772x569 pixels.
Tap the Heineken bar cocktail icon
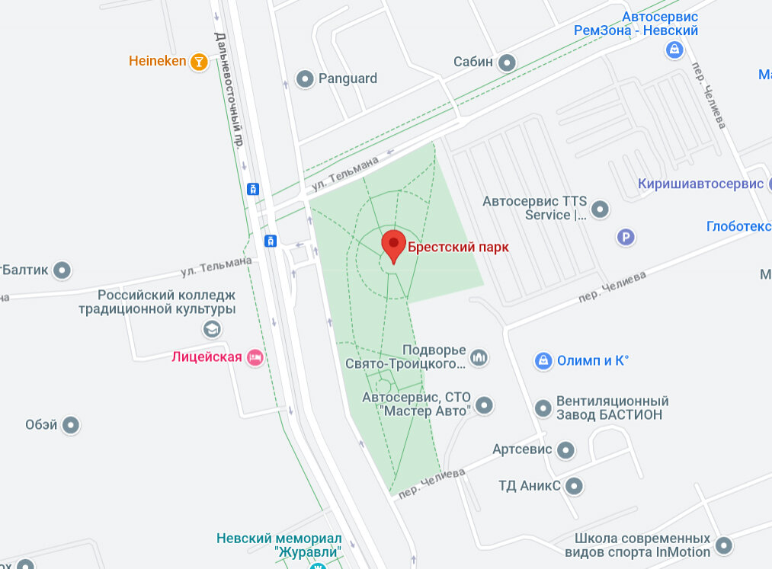(x=198, y=62)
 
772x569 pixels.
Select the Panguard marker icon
(x=305, y=78)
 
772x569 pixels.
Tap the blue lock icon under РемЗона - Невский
(x=674, y=50)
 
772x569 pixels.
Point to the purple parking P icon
(x=625, y=238)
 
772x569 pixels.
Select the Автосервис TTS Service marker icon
(x=601, y=208)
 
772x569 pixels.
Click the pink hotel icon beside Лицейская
(x=255, y=356)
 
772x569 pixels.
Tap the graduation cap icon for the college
(x=211, y=329)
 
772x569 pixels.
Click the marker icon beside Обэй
(x=71, y=425)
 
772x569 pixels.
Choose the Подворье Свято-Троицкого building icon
(x=479, y=356)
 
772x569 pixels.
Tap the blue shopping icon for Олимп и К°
(x=543, y=360)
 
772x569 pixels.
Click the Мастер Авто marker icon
(x=484, y=404)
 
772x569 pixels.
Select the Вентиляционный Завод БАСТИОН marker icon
(x=543, y=408)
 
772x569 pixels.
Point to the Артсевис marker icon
(x=565, y=449)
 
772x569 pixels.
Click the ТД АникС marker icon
(x=574, y=485)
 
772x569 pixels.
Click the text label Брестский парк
(x=457, y=247)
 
